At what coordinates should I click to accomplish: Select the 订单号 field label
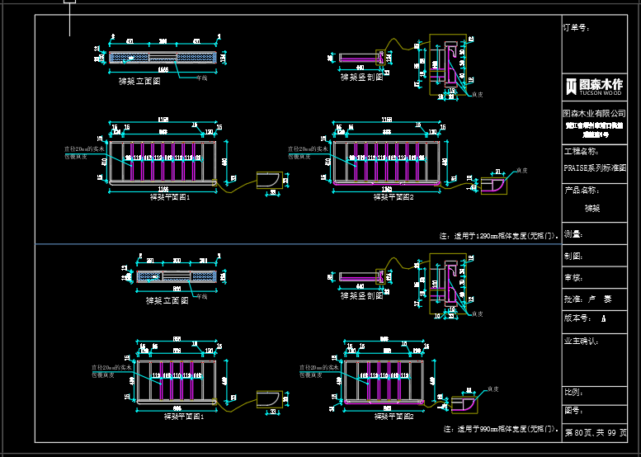click(x=576, y=27)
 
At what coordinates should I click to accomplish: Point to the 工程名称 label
click(x=580, y=152)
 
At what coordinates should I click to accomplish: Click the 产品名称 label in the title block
click(x=580, y=191)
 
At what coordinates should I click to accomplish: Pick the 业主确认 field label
click(x=581, y=340)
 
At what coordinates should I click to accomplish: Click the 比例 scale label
click(x=572, y=391)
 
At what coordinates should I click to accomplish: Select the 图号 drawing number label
click(x=572, y=409)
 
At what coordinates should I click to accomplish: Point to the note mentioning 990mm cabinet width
click(x=501, y=429)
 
